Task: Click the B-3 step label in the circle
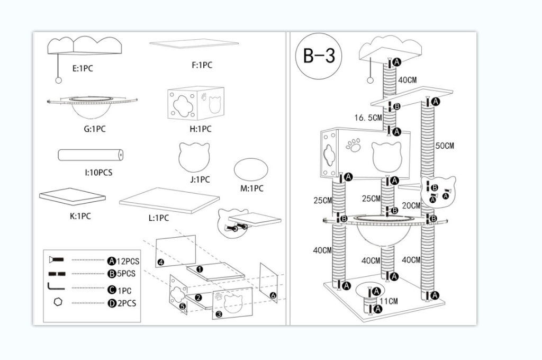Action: click(319, 56)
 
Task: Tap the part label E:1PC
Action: click(83, 68)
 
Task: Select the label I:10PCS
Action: click(98, 172)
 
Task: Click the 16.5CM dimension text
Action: click(368, 118)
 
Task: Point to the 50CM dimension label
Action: click(445, 146)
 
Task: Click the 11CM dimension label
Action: click(389, 301)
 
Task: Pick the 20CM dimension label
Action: click(411, 206)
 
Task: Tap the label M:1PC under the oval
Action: click(251, 188)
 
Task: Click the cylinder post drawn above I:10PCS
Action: click(91, 155)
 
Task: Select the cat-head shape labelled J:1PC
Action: click(194, 157)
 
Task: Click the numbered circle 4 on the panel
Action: click(160, 262)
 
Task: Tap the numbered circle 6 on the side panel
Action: click(273, 296)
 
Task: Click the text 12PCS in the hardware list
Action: click(128, 261)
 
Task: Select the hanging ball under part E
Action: click(59, 80)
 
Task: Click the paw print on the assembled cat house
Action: click(353, 145)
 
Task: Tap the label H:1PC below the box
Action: click(201, 129)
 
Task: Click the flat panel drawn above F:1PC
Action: click(194, 44)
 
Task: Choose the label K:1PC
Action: click(80, 216)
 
